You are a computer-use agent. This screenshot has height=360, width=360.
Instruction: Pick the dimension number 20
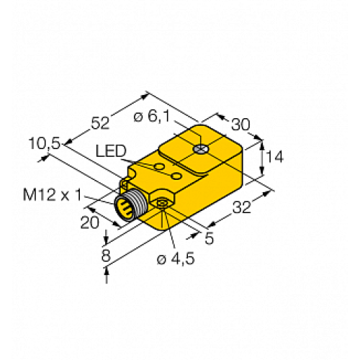coord(89,222)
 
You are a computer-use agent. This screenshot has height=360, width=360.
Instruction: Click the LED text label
coord(110,151)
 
